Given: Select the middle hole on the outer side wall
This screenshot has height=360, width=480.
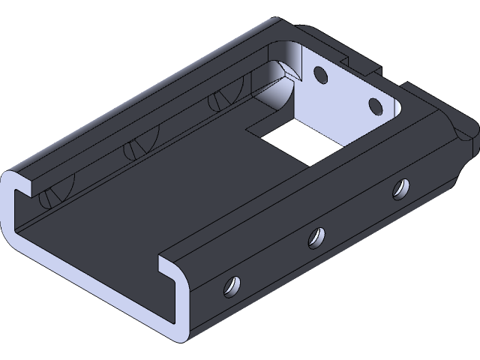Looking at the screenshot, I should tap(318, 237).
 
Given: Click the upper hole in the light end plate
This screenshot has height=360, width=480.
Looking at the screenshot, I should tap(320, 75).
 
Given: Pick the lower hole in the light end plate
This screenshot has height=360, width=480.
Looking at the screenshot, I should tap(374, 105).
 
